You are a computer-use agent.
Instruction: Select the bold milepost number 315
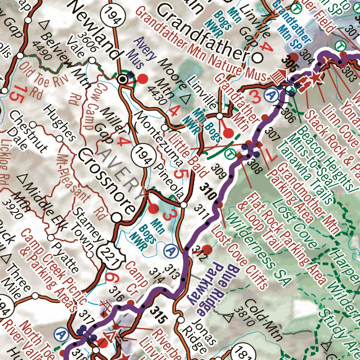[x=157, y=314]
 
